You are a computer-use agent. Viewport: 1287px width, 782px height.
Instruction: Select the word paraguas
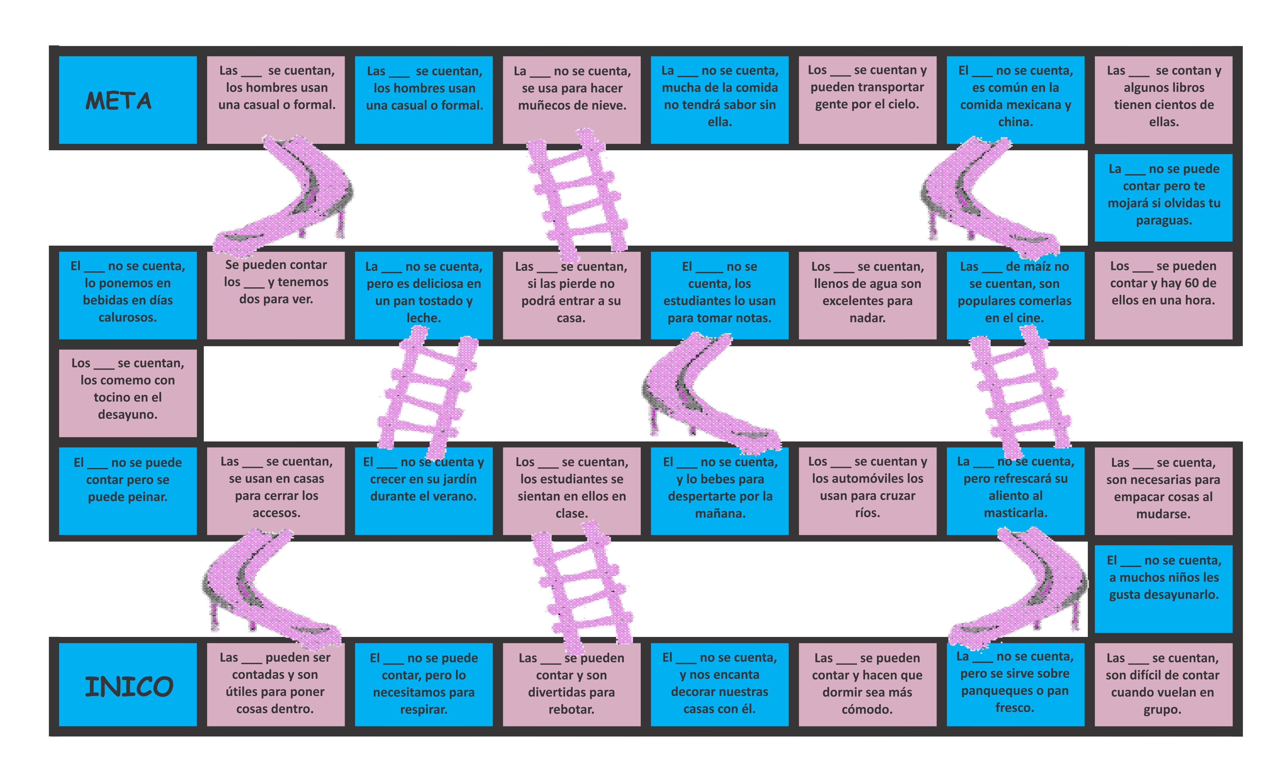(1164, 220)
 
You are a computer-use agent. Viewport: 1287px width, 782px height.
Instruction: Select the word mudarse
(1163, 514)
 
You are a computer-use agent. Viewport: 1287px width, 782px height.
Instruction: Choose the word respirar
(423, 709)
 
